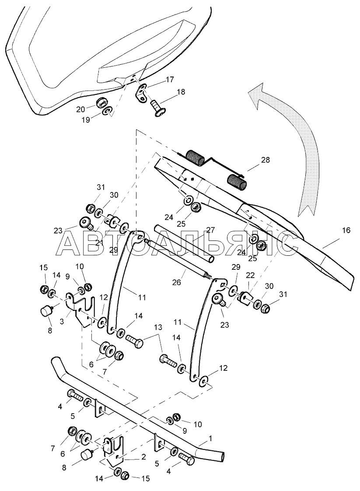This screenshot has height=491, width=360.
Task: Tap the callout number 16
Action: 346,230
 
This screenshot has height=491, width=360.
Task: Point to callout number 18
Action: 181,92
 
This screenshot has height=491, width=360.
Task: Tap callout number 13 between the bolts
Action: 157,327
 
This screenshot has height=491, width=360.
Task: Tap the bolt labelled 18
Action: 157,107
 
